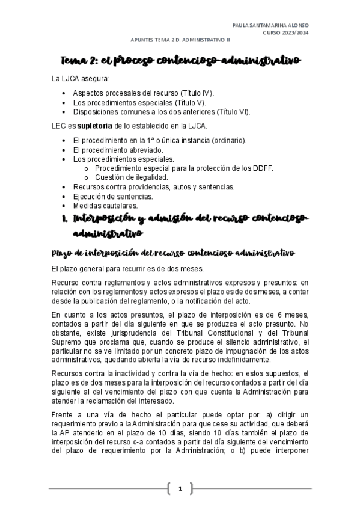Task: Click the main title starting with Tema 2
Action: (x=180, y=61)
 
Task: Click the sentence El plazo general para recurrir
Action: (x=137, y=268)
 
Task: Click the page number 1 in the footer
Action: (x=180, y=487)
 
